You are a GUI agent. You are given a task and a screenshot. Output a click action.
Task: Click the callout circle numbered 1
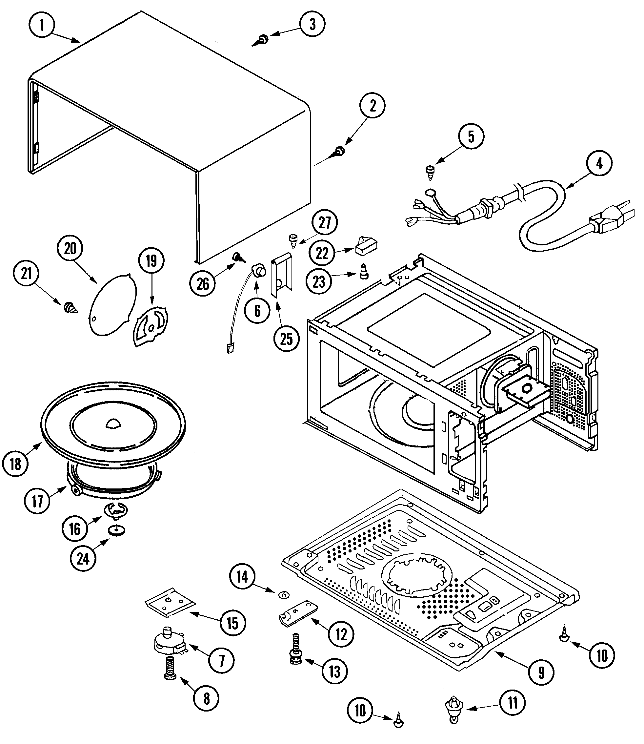42,26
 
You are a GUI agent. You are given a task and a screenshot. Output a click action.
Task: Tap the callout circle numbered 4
599,164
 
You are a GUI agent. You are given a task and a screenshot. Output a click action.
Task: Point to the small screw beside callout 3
263,40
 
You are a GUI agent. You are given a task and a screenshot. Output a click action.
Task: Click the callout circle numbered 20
70,248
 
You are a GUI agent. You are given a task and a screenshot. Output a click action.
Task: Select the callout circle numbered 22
322,253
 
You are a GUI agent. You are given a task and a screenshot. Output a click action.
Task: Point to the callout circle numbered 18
15,464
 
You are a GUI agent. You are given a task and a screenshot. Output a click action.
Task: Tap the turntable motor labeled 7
168,646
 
